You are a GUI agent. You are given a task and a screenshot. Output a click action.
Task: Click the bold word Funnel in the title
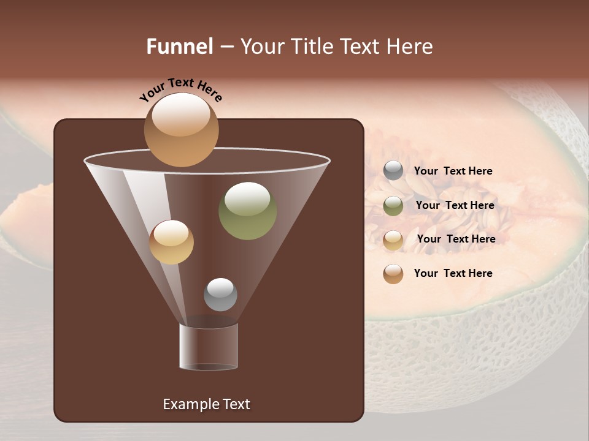(x=179, y=47)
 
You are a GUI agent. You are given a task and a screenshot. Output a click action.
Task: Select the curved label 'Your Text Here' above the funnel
(x=181, y=90)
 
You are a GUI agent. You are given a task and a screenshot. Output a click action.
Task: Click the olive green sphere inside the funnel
(x=247, y=211)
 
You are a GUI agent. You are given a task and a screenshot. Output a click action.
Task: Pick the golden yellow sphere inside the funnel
(x=171, y=242)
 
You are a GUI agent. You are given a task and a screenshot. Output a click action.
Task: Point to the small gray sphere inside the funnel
(x=220, y=295)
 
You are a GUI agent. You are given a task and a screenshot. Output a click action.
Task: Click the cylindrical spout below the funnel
(x=209, y=347)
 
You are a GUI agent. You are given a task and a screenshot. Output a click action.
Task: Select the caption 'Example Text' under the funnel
(x=206, y=404)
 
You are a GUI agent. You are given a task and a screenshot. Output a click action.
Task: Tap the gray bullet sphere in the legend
(x=393, y=171)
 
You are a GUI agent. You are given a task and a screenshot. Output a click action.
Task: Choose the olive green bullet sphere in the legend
(x=393, y=205)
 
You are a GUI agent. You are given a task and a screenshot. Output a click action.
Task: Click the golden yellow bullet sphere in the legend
(x=393, y=239)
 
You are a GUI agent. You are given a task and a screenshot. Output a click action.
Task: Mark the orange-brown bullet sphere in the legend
(x=393, y=274)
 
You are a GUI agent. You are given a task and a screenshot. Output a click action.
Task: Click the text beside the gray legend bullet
(x=453, y=171)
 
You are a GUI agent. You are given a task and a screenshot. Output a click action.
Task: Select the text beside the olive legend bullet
(x=455, y=205)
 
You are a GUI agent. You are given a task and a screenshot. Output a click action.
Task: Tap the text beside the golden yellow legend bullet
(x=456, y=239)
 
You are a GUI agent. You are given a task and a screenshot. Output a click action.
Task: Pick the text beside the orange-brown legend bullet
(x=453, y=273)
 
